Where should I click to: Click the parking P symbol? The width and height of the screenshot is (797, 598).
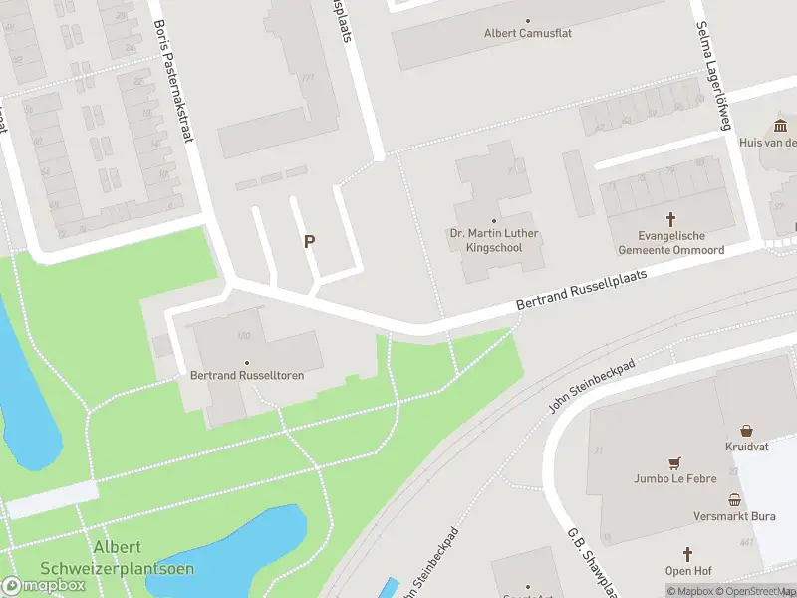click(x=310, y=241)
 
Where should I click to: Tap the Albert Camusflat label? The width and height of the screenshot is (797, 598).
click(x=528, y=33)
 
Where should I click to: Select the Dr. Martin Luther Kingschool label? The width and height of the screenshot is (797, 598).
click(x=495, y=240)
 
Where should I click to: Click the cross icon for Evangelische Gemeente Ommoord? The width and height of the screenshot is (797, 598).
click(x=670, y=218)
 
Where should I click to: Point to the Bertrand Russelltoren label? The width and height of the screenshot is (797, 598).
click(x=247, y=375)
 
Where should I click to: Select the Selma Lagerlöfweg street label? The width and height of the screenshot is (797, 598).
click(x=711, y=76)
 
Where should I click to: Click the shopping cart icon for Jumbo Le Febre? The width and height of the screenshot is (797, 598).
click(x=675, y=462)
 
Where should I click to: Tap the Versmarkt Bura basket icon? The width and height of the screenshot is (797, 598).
click(x=735, y=500)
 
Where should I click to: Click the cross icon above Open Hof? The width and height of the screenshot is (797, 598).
click(x=686, y=553)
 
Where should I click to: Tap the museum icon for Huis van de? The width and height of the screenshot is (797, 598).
click(x=780, y=125)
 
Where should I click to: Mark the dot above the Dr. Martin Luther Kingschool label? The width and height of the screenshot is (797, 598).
click(x=494, y=221)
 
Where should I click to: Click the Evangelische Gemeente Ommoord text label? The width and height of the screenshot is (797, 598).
click(x=670, y=242)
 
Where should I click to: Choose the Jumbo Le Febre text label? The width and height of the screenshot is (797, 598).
click(x=675, y=478)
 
